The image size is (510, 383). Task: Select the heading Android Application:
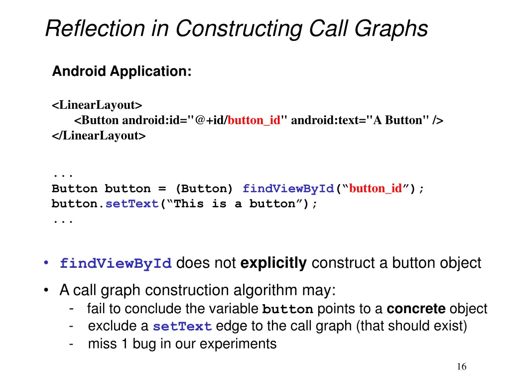click(x=122, y=71)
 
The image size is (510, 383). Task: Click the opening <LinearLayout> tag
click(x=97, y=105)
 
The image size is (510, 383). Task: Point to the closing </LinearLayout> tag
click(x=99, y=135)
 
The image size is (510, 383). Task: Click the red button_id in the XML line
click(x=254, y=120)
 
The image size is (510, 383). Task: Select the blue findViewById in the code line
click(x=288, y=189)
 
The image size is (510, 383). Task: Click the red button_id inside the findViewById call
click(x=376, y=189)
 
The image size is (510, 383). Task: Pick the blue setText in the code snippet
click(x=131, y=204)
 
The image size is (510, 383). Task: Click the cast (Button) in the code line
click(x=204, y=189)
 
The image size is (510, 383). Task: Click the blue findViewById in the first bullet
click(x=116, y=264)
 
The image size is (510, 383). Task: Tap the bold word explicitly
click(x=273, y=263)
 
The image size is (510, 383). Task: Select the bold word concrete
click(x=416, y=309)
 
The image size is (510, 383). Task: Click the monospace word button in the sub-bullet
click(x=287, y=310)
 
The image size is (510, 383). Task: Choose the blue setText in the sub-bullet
click(x=182, y=327)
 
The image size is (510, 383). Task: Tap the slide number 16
click(x=462, y=367)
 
